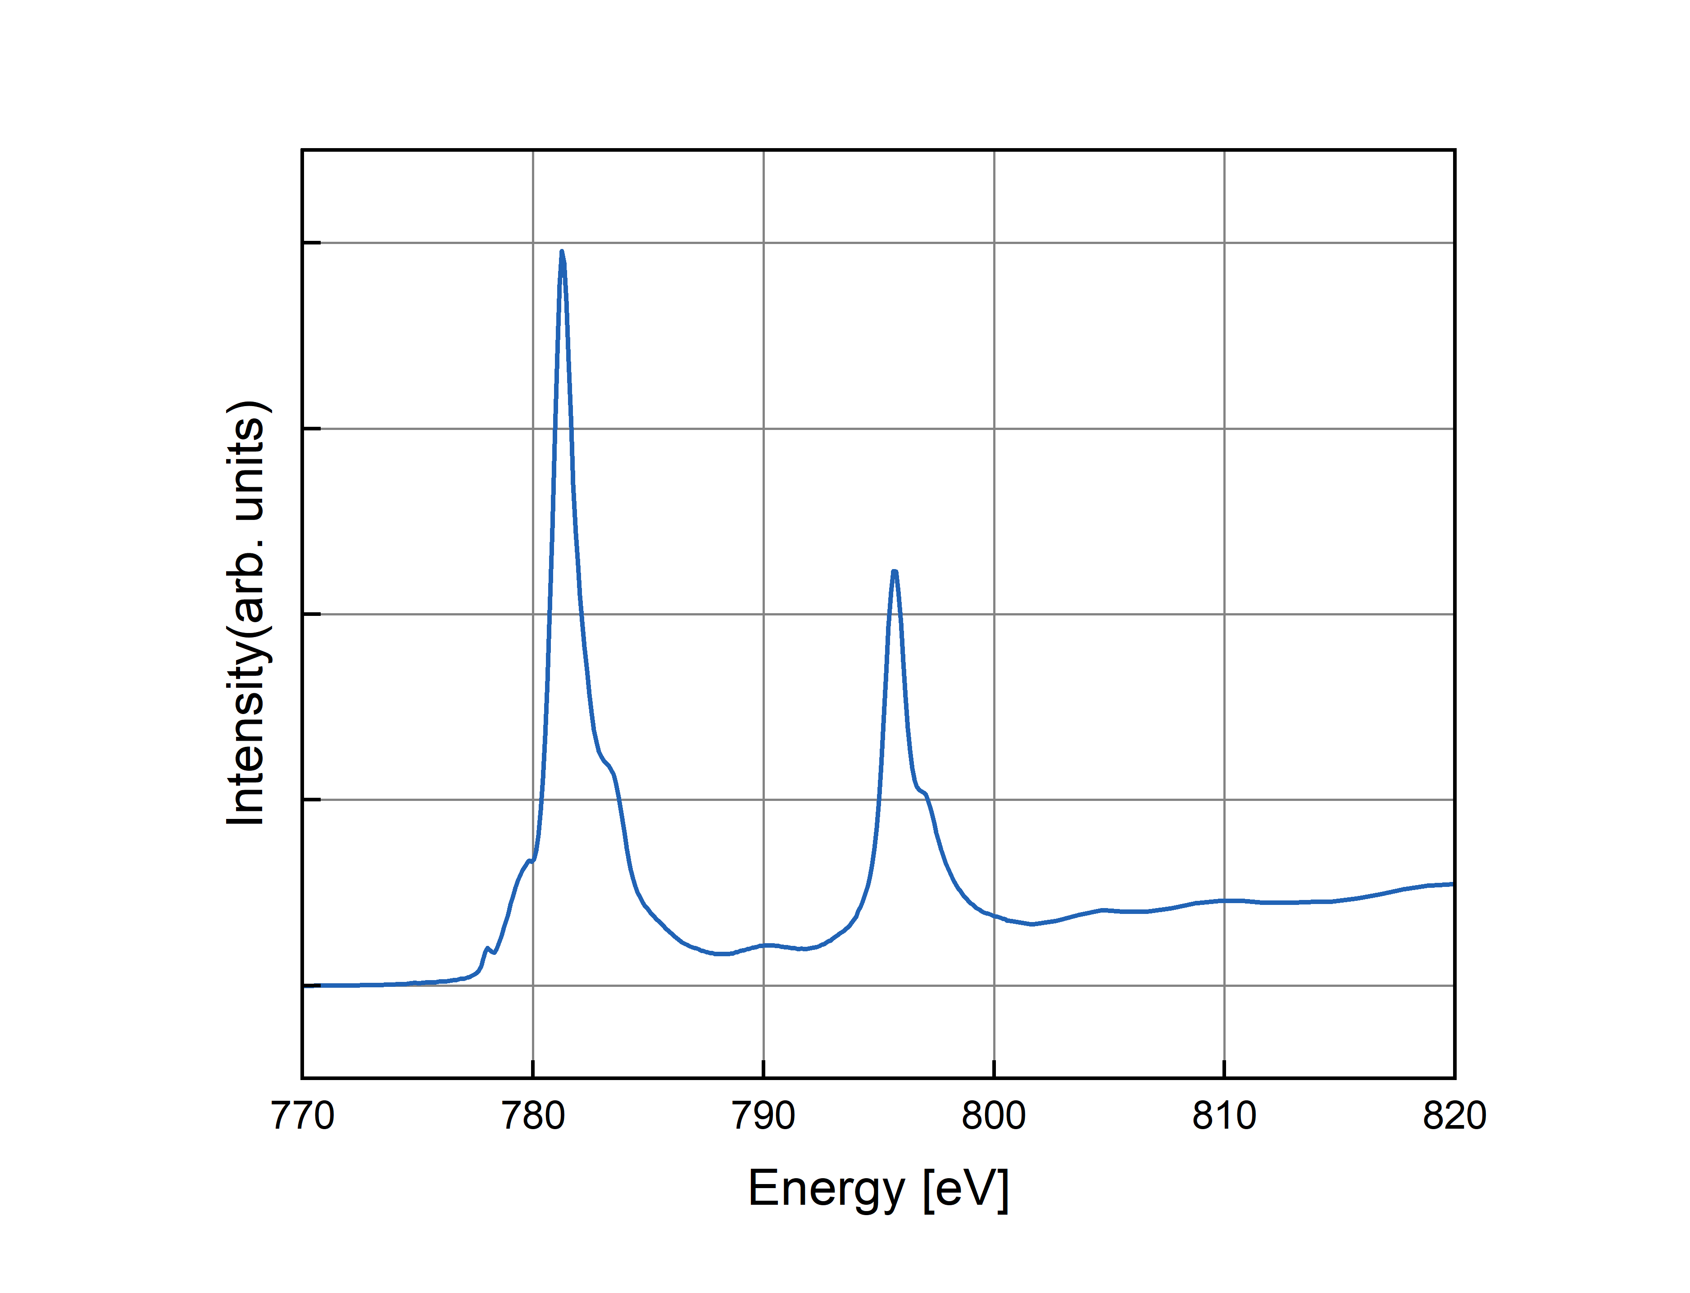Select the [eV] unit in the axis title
point(966,1189)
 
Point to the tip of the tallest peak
point(562,252)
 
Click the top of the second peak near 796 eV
point(894,572)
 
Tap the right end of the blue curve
point(1452,884)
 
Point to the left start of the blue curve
point(322,985)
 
